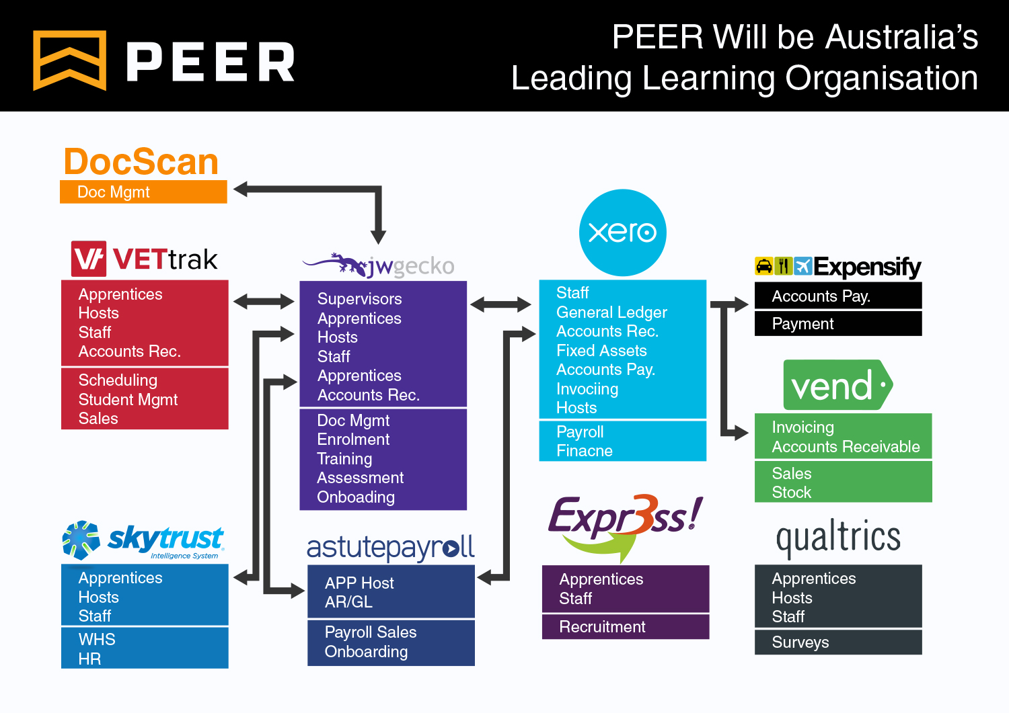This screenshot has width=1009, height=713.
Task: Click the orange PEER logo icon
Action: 69,60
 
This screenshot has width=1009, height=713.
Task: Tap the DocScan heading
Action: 141,162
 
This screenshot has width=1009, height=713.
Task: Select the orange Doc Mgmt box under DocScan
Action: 143,192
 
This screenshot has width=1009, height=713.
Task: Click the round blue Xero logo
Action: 622,233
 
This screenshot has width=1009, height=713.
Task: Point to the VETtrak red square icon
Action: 88,259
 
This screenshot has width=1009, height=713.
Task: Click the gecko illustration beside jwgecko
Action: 336,263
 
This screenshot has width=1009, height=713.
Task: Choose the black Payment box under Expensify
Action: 837,324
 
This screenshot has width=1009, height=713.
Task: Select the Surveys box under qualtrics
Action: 837,642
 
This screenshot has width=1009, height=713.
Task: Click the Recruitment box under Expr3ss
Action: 625,627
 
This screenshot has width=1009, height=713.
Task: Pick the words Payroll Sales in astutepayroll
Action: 370,632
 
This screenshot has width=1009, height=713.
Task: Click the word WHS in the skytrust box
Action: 97,640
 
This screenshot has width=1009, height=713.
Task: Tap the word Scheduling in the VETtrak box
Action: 118,380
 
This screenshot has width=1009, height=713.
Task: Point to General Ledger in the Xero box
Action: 611,312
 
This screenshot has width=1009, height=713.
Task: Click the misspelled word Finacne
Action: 584,451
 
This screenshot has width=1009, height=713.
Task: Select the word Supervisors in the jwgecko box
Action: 359,299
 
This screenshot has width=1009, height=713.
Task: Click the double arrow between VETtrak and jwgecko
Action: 264,302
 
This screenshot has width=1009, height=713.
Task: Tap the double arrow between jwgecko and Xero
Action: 500,305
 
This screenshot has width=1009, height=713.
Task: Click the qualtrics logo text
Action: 837,538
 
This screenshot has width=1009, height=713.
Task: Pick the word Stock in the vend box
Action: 791,493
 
